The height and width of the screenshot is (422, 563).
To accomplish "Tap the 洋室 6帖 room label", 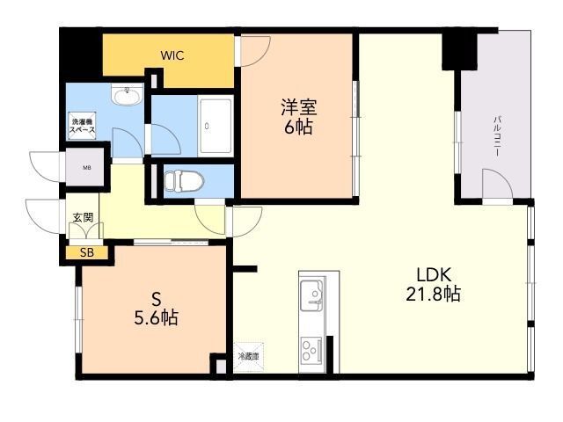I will (298, 117).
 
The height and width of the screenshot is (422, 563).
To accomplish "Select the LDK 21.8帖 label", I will (432, 284).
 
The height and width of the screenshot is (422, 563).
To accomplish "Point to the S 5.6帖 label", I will (156, 307).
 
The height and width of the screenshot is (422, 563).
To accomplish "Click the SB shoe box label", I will (86, 253).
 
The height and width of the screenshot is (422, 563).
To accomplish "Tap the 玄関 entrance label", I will (82, 216).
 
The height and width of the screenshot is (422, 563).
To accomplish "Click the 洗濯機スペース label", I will (84, 124).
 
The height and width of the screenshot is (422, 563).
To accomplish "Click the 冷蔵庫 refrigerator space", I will (249, 356).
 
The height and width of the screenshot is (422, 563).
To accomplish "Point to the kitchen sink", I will (311, 293).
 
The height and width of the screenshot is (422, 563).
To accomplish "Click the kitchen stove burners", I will (311, 350).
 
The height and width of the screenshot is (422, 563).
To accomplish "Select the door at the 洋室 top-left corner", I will (255, 50).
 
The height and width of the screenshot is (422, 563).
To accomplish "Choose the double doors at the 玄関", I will (84, 231).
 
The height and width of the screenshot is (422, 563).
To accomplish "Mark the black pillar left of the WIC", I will (81, 55).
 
